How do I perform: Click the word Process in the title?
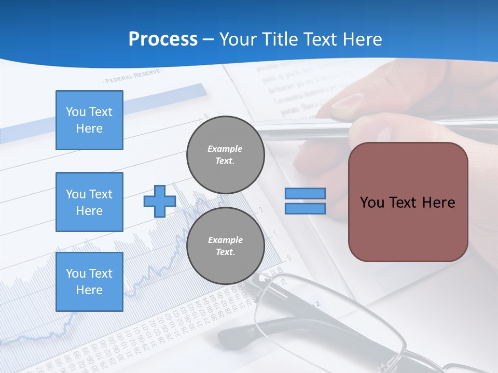tap(163, 39)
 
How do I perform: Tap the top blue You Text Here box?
tap(89, 120)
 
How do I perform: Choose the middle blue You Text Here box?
tap(89, 202)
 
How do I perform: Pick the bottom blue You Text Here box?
tap(89, 282)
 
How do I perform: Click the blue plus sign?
tap(159, 201)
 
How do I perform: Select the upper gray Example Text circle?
tap(226, 154)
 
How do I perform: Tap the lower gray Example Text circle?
tap(226, 246)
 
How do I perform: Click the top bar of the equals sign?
tap(305, 194)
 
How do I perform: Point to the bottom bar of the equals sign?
tap(305, 208)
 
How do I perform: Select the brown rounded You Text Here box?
tap(408, 202)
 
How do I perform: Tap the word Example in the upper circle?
tap(225, 149)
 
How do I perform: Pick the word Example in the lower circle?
tap(225, 240)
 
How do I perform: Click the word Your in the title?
tap(238, 39)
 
